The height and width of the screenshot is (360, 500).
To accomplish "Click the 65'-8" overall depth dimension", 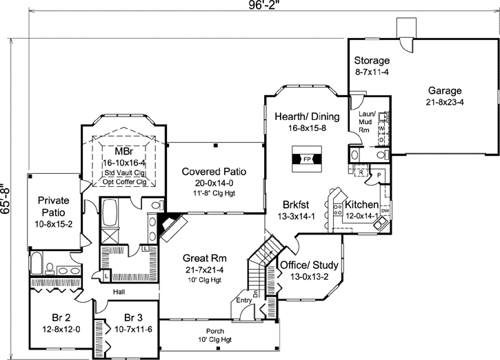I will point(7,199).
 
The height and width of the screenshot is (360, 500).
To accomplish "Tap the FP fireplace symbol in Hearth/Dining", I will point(307,159).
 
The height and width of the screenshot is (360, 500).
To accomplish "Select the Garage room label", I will point(444,90).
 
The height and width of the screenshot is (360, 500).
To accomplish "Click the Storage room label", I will point(372,60).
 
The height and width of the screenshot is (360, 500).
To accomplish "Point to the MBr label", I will point(123,151).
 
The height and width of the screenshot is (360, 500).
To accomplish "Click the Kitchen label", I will point(363,205).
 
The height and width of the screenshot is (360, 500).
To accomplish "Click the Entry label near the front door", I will point(244,301).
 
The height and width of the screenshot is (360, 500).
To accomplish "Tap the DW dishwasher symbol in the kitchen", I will point(385,212).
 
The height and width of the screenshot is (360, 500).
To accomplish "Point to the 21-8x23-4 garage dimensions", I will point(444,102).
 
